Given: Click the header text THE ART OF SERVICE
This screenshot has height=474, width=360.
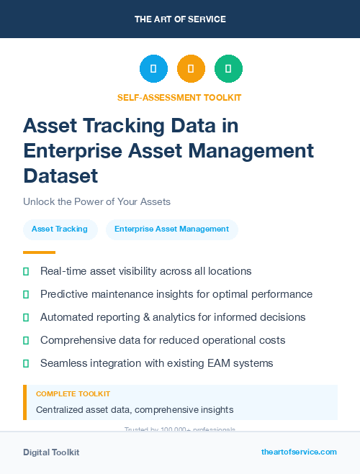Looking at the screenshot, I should click(x=180, y=19).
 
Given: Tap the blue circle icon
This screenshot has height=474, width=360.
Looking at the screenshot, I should click(x=153, y=69).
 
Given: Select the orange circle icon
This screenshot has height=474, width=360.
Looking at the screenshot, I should click(x=191, y=69).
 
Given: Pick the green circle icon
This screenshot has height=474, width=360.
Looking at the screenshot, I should click(x=228, y=69).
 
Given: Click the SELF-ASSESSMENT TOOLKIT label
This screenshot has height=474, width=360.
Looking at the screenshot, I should click(x=179, y=97).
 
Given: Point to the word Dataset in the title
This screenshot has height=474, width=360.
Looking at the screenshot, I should click(x=60, y=176).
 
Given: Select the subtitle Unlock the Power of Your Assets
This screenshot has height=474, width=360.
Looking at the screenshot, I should click(x=96, y=201).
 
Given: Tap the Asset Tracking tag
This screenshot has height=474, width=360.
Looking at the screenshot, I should click(x=60, y=229).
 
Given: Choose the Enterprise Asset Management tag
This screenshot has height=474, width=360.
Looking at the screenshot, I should click(x=171, y=229).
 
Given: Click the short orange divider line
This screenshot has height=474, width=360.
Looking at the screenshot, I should click(x=39, y=252).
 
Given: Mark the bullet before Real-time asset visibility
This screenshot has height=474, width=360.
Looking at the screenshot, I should click(x=27, y=271).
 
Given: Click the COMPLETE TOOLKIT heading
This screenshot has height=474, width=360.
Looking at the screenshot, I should click(x=73, y=394).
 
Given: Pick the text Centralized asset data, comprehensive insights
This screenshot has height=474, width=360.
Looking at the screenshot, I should click(x=135, y=409).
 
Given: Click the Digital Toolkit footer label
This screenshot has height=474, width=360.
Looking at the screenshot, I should click(x=51, y=452).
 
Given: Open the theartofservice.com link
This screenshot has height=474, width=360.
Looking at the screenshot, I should click(x=299, y=452).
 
